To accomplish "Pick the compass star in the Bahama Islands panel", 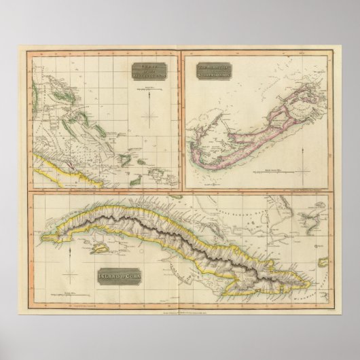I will [x=150, y=118].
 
